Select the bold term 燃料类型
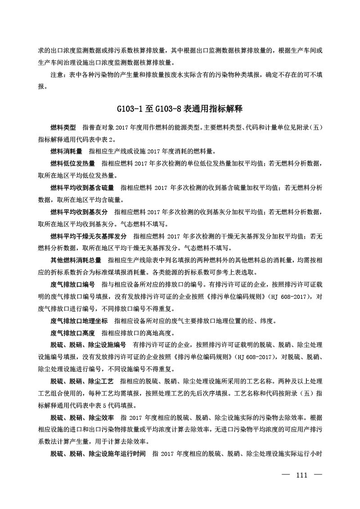click(x=63, y=128)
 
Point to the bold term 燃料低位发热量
click(x=73, y=163)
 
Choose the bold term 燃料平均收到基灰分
click(x=79, y=212)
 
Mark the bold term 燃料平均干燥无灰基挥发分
click(x=89, y=235)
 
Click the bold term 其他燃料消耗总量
click(x=76, y=260)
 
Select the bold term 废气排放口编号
click(x=73, y=284)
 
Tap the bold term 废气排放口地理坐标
click(x=79, y=321)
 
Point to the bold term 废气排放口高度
click(x=73, y=333)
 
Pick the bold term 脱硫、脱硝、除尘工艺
click(x=82, y=381)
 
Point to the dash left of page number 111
click(x=285, y=475)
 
